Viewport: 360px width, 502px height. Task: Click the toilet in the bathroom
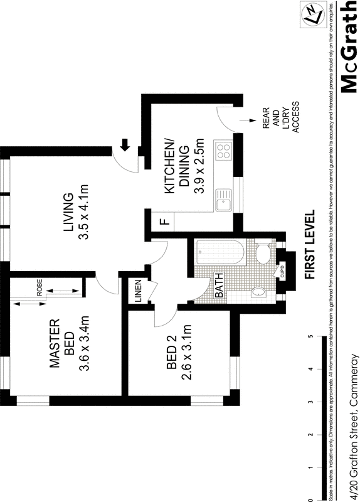click(x=263, y=254)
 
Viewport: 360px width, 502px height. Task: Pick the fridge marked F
click(x=162, y=222)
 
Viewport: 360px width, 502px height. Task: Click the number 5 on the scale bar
click(x=310, y=337)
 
